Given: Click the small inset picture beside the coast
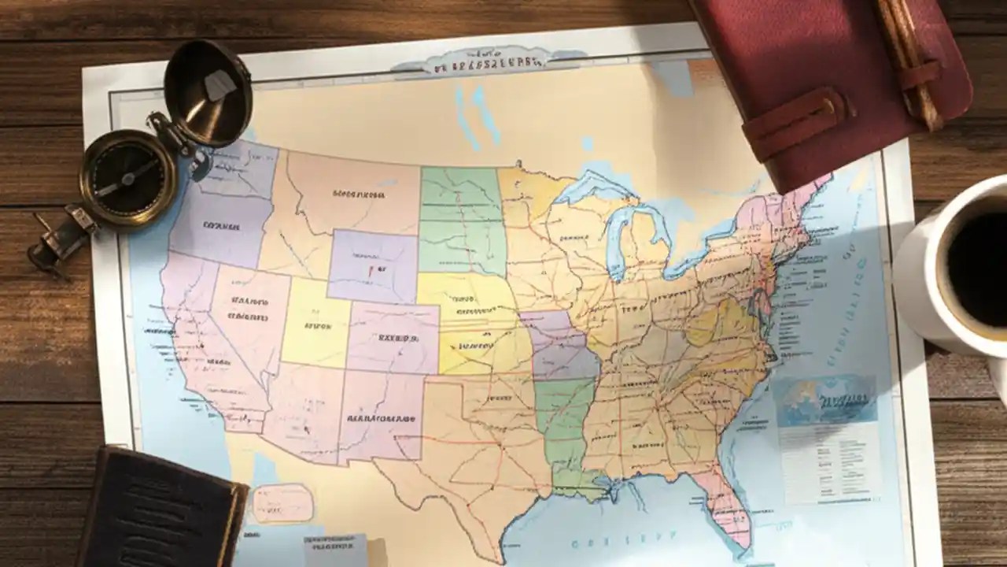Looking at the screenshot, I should pyautogui.click(x=825, y=399).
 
